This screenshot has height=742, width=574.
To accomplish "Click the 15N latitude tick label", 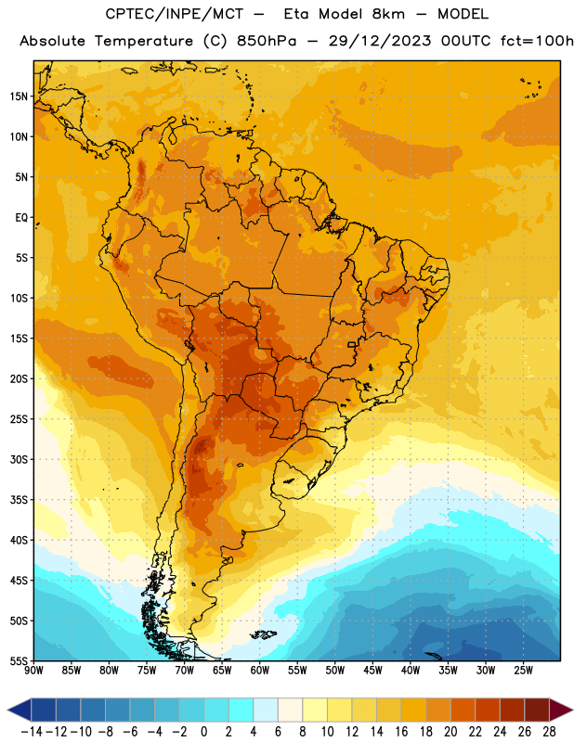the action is point(19,96).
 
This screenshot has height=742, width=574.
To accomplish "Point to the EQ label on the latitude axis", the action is point(21,218).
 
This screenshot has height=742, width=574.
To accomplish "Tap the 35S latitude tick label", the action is point(19,500).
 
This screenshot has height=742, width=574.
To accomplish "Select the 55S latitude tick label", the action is point(19,660).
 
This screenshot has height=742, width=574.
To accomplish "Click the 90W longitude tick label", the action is point(33,671).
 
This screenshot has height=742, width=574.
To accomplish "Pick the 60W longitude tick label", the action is point(260,671).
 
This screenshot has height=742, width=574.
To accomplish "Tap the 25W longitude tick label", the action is point(523,671).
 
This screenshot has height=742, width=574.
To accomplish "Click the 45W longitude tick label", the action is point(372,671).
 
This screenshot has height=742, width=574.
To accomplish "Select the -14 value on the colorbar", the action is point(33,732).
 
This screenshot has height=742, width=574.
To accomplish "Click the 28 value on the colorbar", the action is point(549,732).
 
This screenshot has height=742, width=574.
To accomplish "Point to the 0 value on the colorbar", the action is point(203,732).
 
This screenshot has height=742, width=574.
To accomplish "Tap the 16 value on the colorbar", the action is point(401,732).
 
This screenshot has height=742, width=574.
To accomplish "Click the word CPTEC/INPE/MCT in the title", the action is point(175,14).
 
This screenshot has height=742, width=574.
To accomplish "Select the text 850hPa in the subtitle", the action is point(267,41).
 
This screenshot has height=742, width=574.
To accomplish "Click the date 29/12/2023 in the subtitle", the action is point(380,41).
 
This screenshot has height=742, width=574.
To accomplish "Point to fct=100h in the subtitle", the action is point(537,41).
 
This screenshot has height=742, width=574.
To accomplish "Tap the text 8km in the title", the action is point(388,14).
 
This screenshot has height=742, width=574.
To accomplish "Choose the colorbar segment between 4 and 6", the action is point(266,710).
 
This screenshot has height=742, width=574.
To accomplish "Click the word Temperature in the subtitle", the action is point(144,42).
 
